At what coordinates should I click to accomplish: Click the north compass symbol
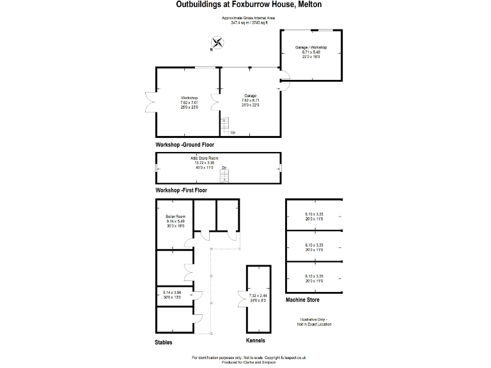point(218,43)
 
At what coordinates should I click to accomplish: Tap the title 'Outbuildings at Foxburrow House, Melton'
point(249,4)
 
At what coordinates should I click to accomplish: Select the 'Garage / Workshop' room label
point(311,48)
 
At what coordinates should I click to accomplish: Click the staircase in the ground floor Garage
point(224,125)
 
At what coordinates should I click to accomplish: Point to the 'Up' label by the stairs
point(233,132)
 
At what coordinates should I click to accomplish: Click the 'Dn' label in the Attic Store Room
point(224,168)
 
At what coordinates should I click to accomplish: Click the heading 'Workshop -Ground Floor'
point(185,146)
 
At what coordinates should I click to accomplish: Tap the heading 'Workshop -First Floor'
point(182,190)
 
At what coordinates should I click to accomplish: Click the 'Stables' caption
point(164,342)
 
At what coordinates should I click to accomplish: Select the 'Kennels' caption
point(256,341)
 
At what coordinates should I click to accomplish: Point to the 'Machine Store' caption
point(302,300)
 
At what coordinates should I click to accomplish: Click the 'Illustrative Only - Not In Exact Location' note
point(313,321)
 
